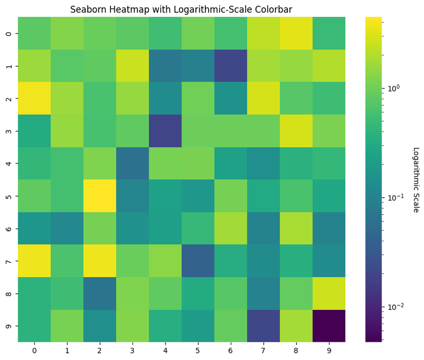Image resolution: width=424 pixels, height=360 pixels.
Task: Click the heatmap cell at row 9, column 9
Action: pos(329,326)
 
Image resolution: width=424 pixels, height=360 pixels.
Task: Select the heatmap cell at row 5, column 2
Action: pos(99,195)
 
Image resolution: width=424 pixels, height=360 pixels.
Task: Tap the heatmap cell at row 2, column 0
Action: pos(34,98)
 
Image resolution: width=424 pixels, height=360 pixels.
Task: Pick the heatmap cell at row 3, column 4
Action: pos(165,130)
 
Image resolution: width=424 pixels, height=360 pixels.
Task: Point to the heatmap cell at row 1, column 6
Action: pos(231,65)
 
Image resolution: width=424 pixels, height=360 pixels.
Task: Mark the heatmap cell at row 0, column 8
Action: pos(296,33)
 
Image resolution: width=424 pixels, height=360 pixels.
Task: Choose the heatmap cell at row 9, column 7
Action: pos(263,326)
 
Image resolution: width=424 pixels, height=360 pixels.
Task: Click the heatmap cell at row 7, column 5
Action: pos(198,261)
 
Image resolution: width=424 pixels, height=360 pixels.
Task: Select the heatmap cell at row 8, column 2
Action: pos(99,293)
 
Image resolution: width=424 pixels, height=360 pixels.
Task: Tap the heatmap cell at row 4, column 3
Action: pos(132,163)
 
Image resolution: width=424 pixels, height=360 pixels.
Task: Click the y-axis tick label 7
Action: pos(8,261)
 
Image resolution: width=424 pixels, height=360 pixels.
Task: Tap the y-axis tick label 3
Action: pos(8,130)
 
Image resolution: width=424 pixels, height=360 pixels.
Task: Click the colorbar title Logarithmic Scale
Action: pos(416,179)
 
